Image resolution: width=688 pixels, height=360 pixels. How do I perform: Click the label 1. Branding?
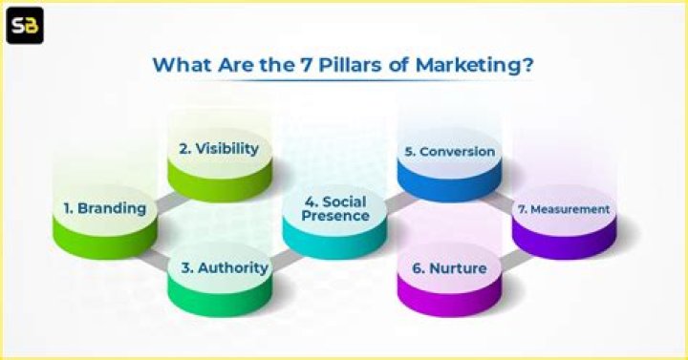tap(104, 208)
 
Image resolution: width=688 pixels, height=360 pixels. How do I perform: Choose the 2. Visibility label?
tap(219, 149)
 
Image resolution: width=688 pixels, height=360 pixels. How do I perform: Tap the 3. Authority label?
tap(225, 267)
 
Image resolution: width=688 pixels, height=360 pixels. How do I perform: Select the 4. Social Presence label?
tap(335, 208)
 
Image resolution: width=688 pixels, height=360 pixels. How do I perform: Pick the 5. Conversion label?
tap(448, 151)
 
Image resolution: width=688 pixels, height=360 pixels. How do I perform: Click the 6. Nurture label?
tap(448, 269)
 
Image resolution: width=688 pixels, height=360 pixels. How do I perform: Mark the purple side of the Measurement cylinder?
tap(564, 243)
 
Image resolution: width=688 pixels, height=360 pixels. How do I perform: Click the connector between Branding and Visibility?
tap(162, 195)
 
